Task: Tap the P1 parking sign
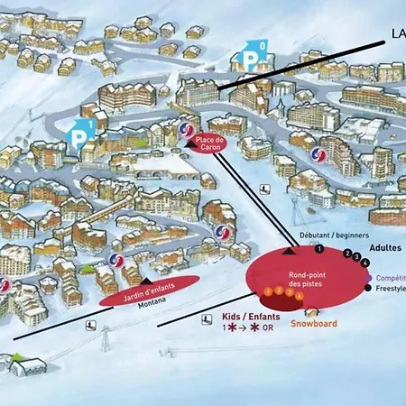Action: tap(79, 133)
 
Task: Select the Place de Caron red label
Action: tap(209, 142)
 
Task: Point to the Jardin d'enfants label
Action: tap(148, 291)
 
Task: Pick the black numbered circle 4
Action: tap(365, 263)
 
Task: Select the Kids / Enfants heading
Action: tap(250, 318)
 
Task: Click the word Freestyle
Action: tap(391, 289)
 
